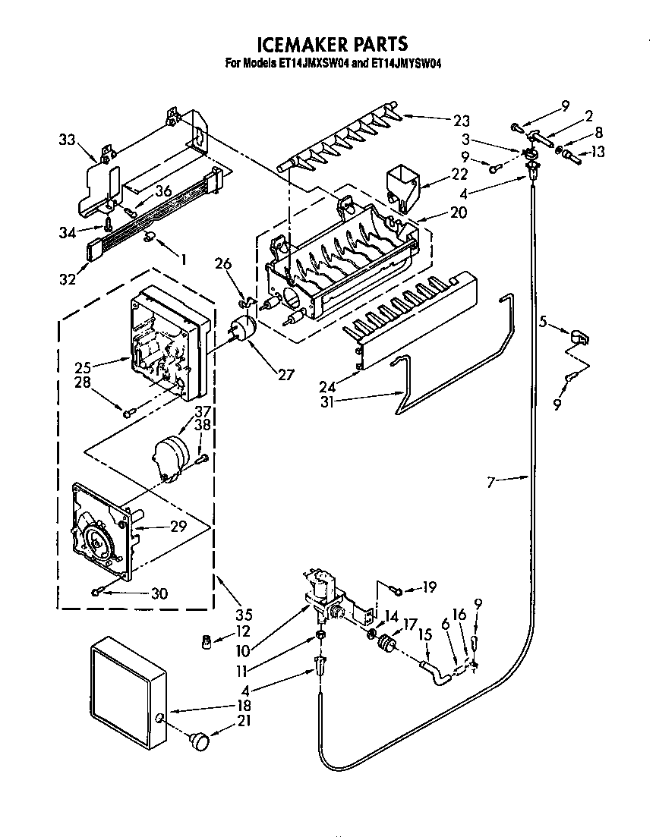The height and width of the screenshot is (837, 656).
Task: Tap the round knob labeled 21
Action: coord(200,739)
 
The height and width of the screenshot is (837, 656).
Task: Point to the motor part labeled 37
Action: coord(171,453)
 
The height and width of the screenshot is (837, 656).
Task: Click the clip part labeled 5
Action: coord(579,335)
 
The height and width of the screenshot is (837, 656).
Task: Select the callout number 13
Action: coord(598,153)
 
